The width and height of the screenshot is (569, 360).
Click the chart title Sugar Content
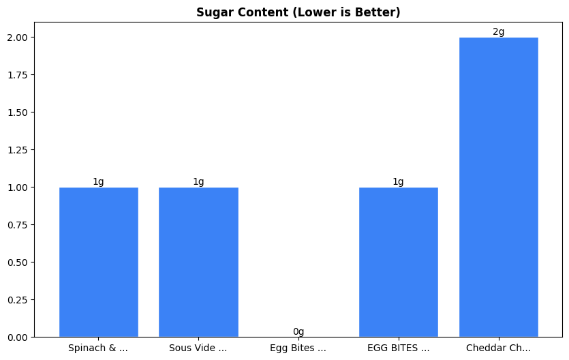(x=298, y=12)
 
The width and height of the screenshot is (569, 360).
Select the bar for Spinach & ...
(x=99, y=262)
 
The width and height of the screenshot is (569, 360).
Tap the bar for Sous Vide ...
(x=198, y=262)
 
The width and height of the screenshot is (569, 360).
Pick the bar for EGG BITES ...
(x=398, y=262)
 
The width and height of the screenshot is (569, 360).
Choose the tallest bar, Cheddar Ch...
(x=498, y=187)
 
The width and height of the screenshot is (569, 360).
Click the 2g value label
(x=498, y=32)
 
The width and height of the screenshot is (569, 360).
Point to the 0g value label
(x=298, y=332)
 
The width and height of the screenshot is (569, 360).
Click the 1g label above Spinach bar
(x=99, y=182)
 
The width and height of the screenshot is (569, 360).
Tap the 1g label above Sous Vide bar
(x=198, y=182)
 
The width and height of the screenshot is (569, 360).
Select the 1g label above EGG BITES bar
(x=398, y=182)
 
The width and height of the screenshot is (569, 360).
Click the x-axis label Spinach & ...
(x=98, y=348)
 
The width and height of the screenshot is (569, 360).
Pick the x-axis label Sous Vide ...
(x=198, y=348)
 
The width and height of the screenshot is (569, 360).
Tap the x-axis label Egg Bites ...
(x=298, y=348)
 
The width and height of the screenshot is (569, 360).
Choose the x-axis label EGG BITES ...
(x=398, y=348)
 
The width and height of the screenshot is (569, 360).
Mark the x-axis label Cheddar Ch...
(x=498, y=348)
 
